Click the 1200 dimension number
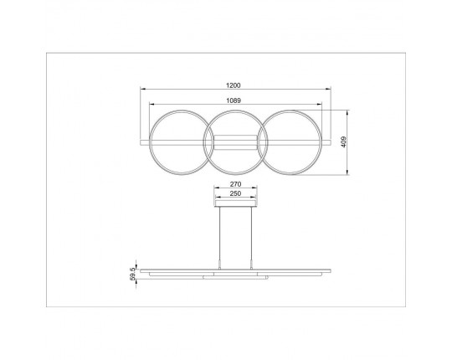tap(234, 85)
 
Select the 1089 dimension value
tap(234, 100)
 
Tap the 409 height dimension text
tap(343, 142)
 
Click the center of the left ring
tap(177, 142)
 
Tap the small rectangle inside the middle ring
tap(234, 142)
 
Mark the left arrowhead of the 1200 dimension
tap(141, 90)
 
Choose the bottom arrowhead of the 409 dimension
tap(348, 173)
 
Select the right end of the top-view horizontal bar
tap(329, 142)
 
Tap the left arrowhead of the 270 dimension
tap(216, 187)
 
